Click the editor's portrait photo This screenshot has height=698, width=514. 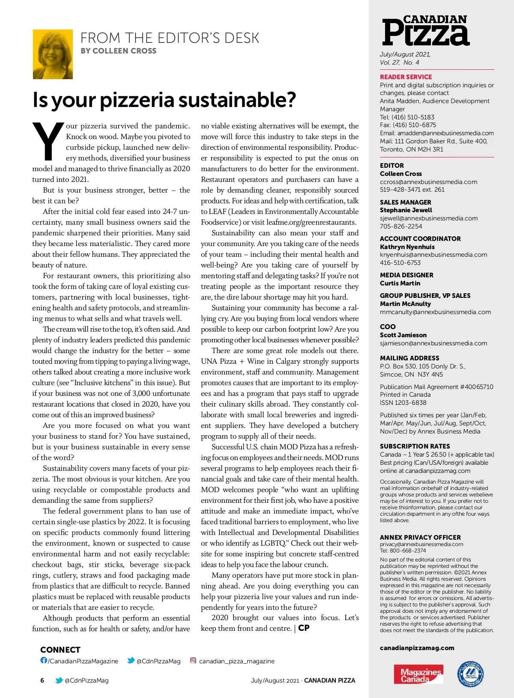tap(53, 54)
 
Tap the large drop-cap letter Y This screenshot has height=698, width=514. tap(48, 142)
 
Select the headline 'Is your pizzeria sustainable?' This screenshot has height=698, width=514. tap(164, 100)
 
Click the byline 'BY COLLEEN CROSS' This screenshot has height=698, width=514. tap(118, 51)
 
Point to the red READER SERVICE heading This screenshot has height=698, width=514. tap(406, 77)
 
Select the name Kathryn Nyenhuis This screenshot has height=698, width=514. tap(407, 247)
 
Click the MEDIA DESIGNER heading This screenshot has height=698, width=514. tap(406, 275)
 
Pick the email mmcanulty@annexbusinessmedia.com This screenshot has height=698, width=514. tap(435, 312)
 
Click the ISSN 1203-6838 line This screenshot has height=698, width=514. tap(403, 403)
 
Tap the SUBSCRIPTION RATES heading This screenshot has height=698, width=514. tap(415, 446)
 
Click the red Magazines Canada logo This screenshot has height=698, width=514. tap(418, 674)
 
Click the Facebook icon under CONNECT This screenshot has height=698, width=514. tap(44, 660)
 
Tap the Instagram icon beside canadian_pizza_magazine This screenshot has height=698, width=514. tap(193, 660)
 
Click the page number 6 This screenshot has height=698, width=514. tap(42, 680)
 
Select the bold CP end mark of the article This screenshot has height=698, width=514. tap(304, 628)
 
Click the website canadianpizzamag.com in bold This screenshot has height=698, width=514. tap(417, 648)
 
